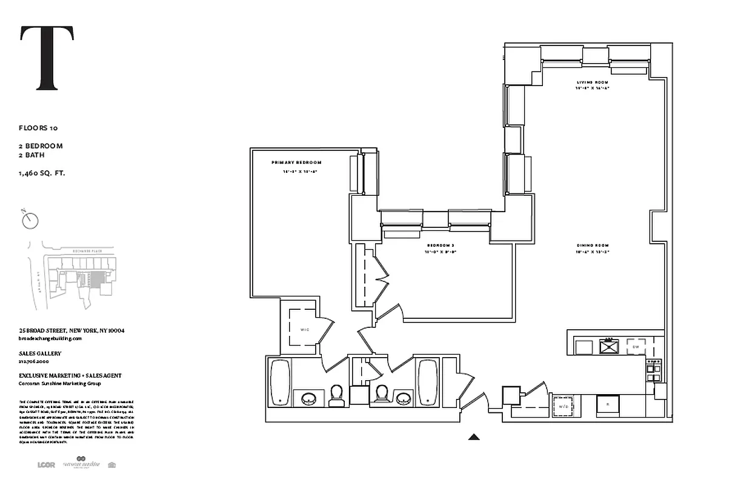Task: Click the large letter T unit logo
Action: tap(47, 58)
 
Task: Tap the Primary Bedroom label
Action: tap(296, 162)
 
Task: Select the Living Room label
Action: tap(592, 82)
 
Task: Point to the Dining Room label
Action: tap(592, 246)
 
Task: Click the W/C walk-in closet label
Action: tap(304, 329)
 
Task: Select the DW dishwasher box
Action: tap(636, 346)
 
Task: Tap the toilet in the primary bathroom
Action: tap(336, 396)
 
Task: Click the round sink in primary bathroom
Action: tap(309, 399)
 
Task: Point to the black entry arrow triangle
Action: tap(474, 436)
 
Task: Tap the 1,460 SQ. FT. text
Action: tap(42, 173)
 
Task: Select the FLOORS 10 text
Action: tap(38, 128)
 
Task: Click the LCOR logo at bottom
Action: tap(46, 465)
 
